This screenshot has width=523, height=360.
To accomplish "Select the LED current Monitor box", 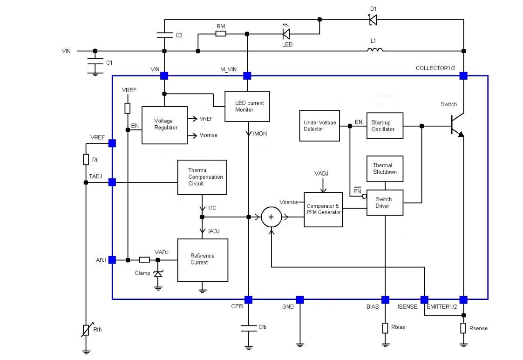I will [x=247, y=106].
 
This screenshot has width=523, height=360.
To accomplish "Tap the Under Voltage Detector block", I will [x=319, y=126].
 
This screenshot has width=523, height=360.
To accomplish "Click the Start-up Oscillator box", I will [x=384, y=125].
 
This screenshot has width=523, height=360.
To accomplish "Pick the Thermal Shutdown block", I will [x=385, y=168].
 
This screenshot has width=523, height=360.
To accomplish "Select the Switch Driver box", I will [x=385, y=203].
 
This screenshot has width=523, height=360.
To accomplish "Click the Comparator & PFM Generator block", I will [x=323, y=209].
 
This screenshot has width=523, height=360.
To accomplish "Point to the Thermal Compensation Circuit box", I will [x=202, y=177].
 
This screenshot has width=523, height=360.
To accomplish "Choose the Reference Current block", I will [x=203, y=259].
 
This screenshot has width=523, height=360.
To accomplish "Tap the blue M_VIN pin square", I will [x=247, y=75].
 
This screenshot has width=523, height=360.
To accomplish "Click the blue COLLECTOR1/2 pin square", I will [x=463, y=75].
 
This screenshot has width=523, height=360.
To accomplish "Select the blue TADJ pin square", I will [x=112, y=183].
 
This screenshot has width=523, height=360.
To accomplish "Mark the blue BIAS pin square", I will [x=385, y=299].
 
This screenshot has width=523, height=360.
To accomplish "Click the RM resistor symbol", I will [x=221, y=34].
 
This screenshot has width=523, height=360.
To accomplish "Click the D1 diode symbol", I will [x=372, y=20].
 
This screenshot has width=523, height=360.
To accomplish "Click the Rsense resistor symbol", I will [x=463, y=328].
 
